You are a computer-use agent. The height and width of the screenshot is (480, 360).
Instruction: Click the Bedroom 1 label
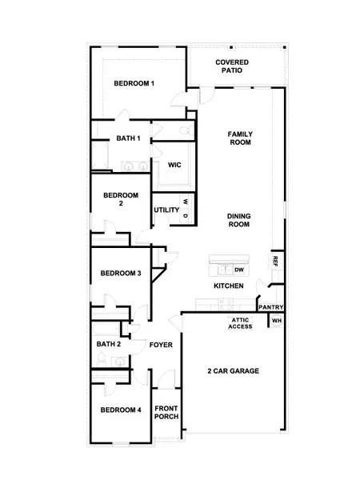point(134,83)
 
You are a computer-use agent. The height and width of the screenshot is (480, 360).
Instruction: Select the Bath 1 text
point(128,138)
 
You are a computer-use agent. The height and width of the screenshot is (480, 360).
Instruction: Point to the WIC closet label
point(174,165)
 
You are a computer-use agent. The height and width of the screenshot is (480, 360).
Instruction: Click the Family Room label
point(239,138)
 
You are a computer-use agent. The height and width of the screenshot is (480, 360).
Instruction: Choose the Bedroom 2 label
point(120,199)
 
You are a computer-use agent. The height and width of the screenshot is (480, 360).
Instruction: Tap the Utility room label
point(166,210)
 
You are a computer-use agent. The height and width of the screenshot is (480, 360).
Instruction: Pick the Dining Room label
point(239,220)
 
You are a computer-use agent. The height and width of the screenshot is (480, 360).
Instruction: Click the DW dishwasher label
point(238,270)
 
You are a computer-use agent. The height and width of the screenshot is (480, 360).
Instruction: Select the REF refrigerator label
point(274,261)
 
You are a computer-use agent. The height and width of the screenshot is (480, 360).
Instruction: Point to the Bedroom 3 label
point(121,274)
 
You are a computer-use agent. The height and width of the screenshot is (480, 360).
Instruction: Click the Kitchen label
point(228,286)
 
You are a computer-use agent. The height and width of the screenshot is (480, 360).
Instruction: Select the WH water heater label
point(277,321)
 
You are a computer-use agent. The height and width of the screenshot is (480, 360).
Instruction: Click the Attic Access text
point(240,323)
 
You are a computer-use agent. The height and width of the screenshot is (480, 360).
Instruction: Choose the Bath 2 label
point(108,344)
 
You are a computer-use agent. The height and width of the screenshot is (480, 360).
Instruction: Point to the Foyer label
point(161,345)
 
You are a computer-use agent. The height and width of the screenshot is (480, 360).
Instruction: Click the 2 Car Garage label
point(234,371)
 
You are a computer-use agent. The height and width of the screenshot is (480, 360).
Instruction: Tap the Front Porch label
point(166,412)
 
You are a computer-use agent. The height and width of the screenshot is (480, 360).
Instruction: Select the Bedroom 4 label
point(121,410)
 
